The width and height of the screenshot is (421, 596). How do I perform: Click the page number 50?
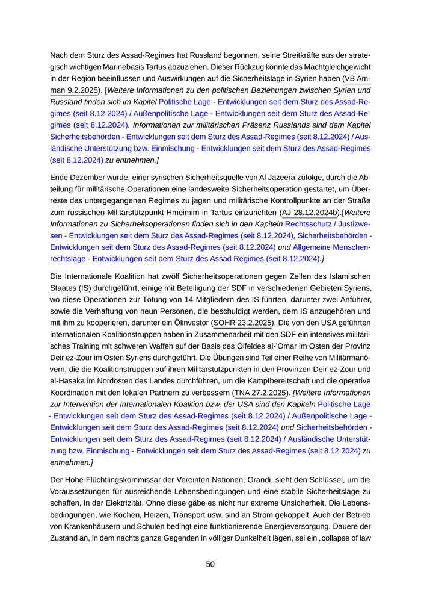(x=210, y=564)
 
